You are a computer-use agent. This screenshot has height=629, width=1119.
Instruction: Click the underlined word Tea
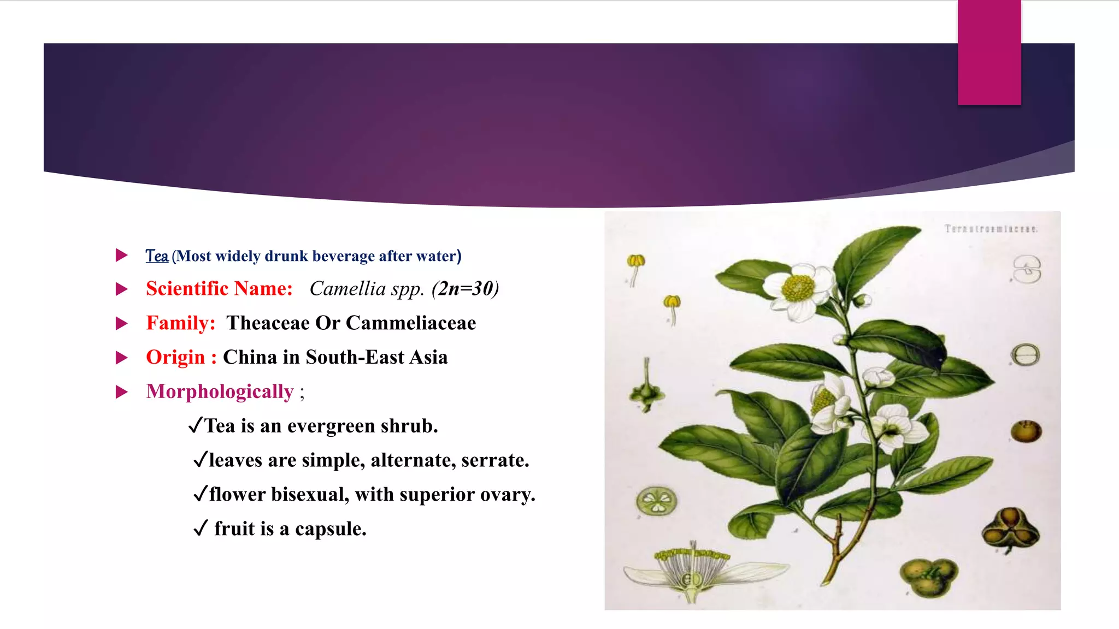click(x=157, y=256)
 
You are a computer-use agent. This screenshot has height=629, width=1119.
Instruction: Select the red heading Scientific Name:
click(x=219, y=289)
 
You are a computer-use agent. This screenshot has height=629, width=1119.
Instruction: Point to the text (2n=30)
click(x=465, y=289)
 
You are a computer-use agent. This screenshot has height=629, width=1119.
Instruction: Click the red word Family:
click(x=181, y=323)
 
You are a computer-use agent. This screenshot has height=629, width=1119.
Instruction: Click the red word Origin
click(x=175, y=358)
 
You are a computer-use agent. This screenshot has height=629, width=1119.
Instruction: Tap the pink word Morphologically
click(x=220, y=392)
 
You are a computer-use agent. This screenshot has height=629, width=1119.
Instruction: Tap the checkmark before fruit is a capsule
click(x=201, y=529)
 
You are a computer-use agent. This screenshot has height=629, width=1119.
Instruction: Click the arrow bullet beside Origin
click(x=122, y=358)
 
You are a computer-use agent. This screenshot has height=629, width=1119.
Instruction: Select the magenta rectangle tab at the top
click(x=989, y=52)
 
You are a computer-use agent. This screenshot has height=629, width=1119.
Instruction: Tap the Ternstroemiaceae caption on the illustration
click(x=991, y=229)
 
